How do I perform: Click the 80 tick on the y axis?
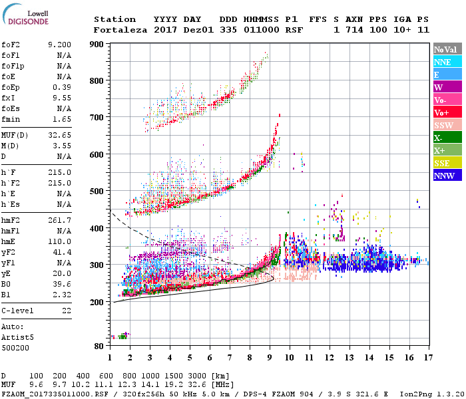99,346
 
